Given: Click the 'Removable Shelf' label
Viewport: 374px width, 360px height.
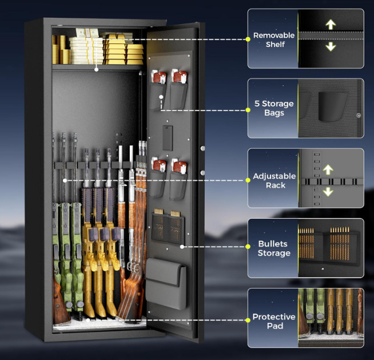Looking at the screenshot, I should coord(274,39).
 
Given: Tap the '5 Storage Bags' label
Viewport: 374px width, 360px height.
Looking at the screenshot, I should coord(274,108).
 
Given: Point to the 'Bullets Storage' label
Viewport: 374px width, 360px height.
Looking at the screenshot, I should coord(274,248).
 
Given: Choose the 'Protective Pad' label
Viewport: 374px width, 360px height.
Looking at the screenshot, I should coord(274,321).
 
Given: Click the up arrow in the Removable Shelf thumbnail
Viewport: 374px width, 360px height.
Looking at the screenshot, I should coord(330,25).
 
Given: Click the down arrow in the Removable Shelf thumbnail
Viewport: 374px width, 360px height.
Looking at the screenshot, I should coord(330,46).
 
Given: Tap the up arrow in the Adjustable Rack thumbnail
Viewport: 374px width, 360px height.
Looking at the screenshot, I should coord(328,169).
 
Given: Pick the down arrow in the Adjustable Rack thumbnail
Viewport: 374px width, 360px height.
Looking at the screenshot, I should coord(328,191).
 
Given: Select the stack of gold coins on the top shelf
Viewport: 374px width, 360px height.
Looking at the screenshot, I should coord(60,50).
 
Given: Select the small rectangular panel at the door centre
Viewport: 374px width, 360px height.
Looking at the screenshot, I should coord(168,138).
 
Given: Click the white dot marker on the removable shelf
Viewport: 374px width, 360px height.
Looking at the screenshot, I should coord(96,70).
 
